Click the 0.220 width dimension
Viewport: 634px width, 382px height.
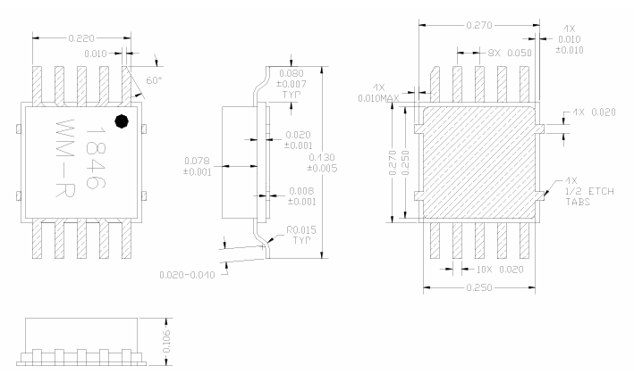coord(81,38)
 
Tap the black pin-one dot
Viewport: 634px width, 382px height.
coord(123,120)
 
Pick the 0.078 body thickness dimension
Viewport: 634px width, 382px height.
coord(197,166)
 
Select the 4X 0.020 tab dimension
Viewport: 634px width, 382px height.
coord(593,113)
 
